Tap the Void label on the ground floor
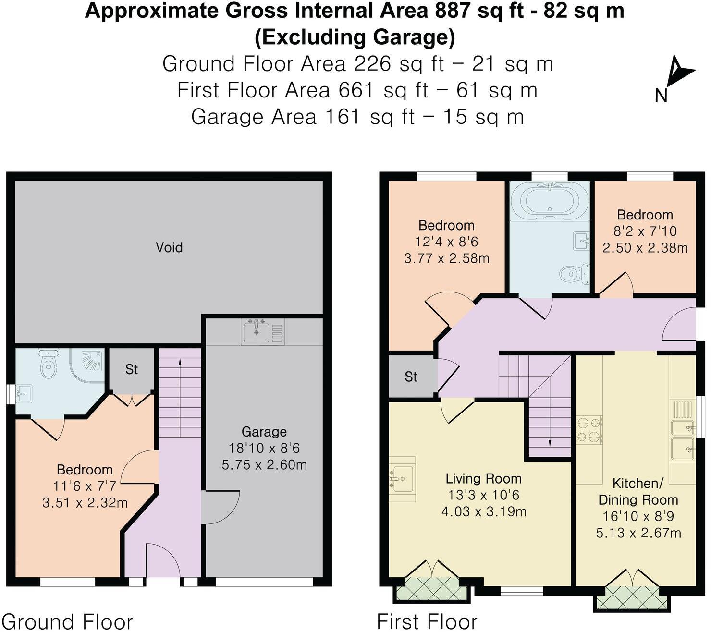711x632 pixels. coord(169,247)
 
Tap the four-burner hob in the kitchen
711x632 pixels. coord(589,430)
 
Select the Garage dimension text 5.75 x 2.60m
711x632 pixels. coord(264,464)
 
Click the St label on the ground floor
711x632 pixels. coord(132,369)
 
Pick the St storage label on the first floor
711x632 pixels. coord(411,377)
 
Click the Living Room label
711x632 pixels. coord(483,478)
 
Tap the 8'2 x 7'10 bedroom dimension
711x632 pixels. coord(645,231)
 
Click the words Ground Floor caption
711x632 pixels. coord(67,621)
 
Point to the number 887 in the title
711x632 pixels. coord(453,10)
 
